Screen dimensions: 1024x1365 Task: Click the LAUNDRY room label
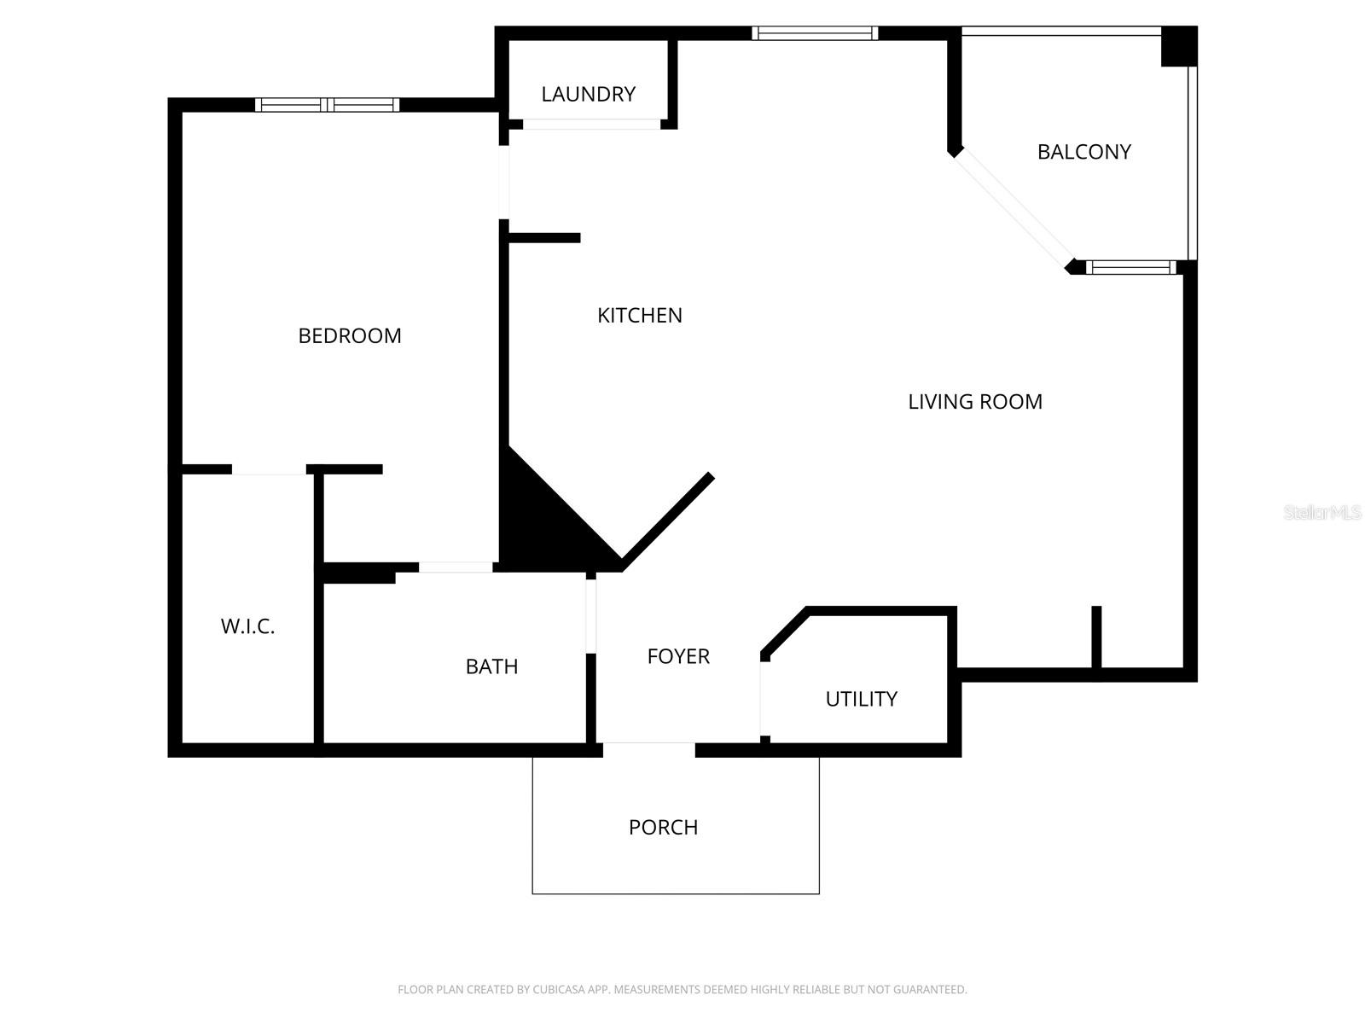tap(589, 94)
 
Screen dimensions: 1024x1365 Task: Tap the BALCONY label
tap(1083, 152)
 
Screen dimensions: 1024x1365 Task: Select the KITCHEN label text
tap(640, 316)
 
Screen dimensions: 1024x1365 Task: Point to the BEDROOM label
tap(350, 336)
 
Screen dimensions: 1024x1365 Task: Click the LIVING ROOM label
tap(975, 402)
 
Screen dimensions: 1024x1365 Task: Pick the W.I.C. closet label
tap(247, 626)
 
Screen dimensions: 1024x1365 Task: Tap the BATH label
tap(491, 666)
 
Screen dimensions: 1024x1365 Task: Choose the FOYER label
tap(678, 656)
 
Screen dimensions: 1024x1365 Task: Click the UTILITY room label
tap(861, 699)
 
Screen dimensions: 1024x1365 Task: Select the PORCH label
tap(663, 827)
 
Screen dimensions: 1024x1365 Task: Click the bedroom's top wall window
tap(327, 105)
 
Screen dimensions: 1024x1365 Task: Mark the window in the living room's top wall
tap(815, 33)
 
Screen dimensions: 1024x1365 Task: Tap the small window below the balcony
tap(1131, 268)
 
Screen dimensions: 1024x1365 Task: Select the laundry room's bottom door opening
tap(591, 125)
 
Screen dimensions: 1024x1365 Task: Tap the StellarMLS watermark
tap(1322, 512)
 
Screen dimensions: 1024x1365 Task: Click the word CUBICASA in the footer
tap(557, 990)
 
